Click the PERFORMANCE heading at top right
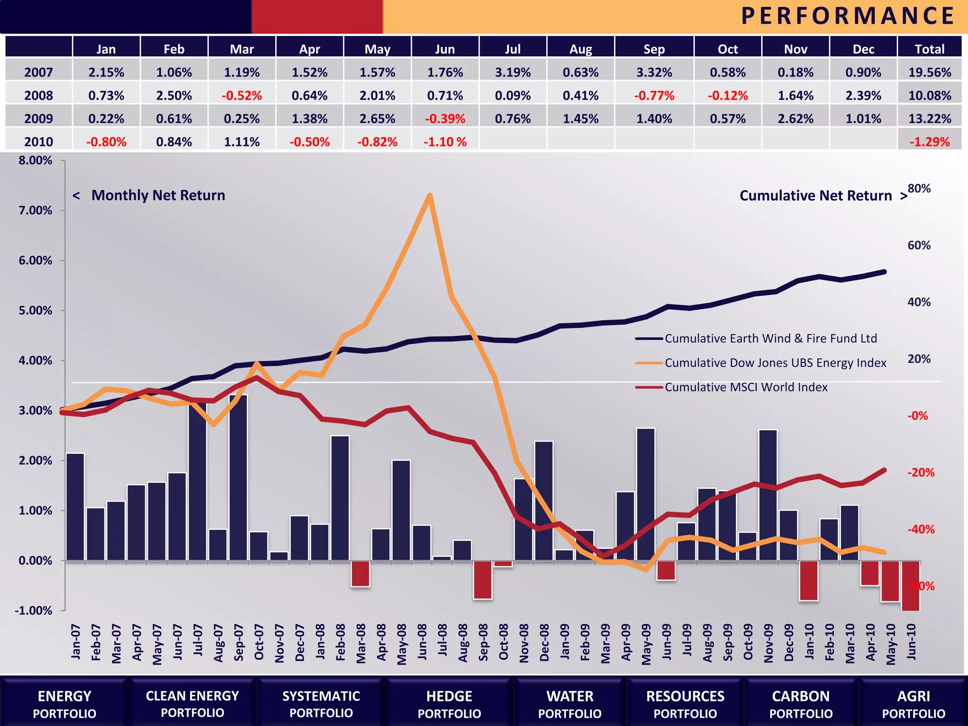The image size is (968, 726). pos(847,16)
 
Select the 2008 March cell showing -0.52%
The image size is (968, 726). pos(242,95)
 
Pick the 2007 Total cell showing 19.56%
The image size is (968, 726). pos(929,72)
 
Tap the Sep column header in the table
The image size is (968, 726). pos(654,49)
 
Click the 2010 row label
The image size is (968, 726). pos(38,142)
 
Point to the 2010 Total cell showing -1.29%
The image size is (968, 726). pos(929,142)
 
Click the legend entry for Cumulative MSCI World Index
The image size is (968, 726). pos(745,387)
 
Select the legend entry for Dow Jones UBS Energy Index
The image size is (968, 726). pos(775,363)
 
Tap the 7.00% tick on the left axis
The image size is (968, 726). pos(35,210)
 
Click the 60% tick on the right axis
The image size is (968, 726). pos(918,245)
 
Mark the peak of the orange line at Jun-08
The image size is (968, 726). pos(429,195)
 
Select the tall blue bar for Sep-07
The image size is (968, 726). pos(238,477)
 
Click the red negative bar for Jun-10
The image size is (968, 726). pos(910,586)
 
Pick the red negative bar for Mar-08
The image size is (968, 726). pos(360,573)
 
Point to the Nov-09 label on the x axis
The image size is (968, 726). pos(769,643)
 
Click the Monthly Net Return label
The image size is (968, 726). pos(158,195)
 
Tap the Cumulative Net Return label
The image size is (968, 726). pos(815,196)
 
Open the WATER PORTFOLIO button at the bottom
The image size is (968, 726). pos(570,704)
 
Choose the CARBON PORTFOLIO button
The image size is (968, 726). pos(801,704)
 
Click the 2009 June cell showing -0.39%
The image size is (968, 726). pos(445,119)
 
